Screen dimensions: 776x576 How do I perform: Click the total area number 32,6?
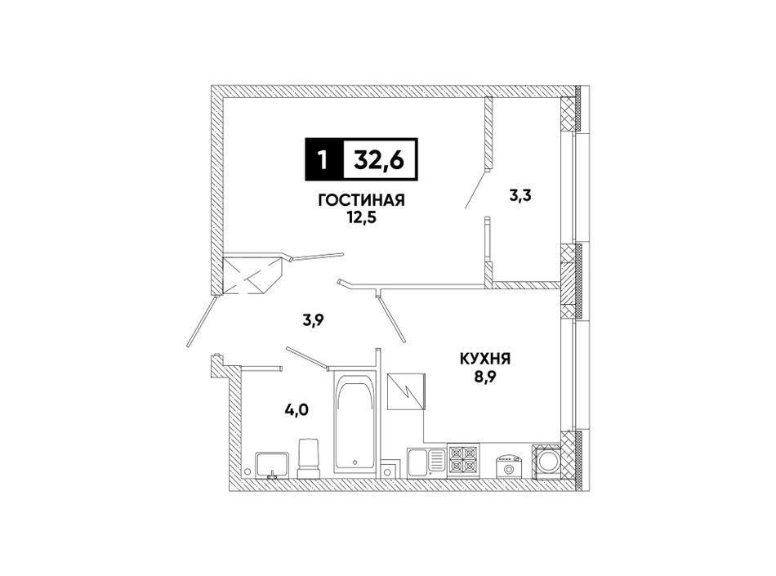378,159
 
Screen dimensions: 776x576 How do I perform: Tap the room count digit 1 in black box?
323,159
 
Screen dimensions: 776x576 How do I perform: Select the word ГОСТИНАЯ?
362,200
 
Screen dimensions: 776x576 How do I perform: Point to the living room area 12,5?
362,217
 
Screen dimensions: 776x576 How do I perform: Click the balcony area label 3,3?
520,196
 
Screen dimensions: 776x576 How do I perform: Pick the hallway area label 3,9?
314,320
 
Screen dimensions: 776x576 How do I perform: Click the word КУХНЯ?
485,359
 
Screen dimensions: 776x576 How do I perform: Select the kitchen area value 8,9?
485,377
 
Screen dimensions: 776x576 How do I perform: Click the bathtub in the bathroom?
355,423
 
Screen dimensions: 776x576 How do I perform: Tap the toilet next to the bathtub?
309,458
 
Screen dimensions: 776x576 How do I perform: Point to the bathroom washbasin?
272,465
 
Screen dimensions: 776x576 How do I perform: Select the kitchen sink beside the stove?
426,463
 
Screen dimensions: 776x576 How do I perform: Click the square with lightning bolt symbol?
406,391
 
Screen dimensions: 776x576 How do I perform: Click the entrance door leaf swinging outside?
203,321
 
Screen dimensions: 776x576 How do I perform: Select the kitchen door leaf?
391,319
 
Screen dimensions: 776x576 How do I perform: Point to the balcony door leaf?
475,190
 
